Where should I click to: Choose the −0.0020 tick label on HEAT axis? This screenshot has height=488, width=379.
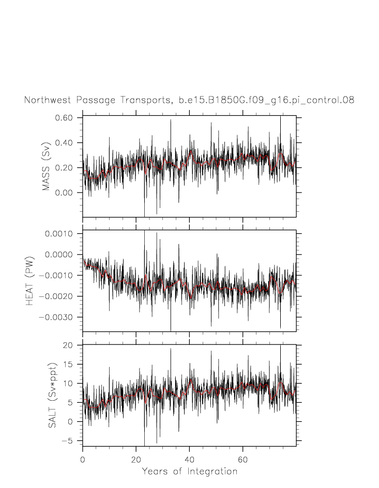pyautogui.click(x=57, y=296)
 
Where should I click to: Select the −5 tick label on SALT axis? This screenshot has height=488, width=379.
pyautogui.click(x=70, y=440)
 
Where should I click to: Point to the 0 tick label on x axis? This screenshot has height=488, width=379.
pyautogui.click(x=83, y=458)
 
